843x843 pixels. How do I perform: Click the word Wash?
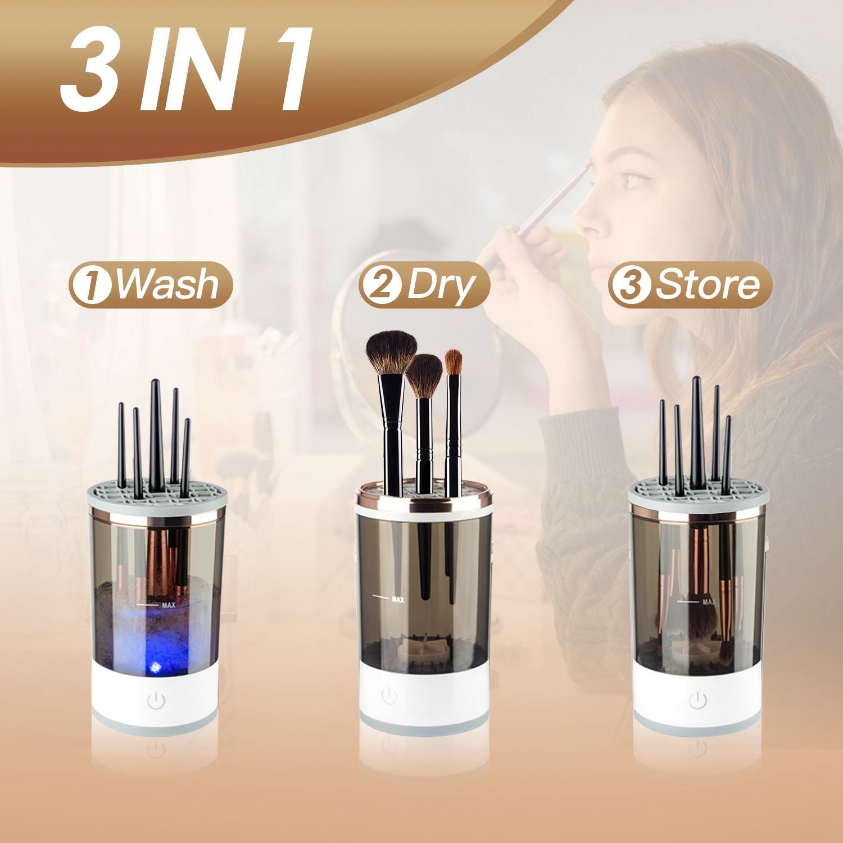tap(167, 285)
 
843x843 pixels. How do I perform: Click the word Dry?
tap(438, 287)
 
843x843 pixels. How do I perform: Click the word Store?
tap(707, 285)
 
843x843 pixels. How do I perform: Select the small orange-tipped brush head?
tap(453, 362)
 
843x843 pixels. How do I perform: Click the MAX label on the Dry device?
tap(398, 600)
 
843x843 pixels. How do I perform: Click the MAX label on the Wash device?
tap(169, 605)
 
